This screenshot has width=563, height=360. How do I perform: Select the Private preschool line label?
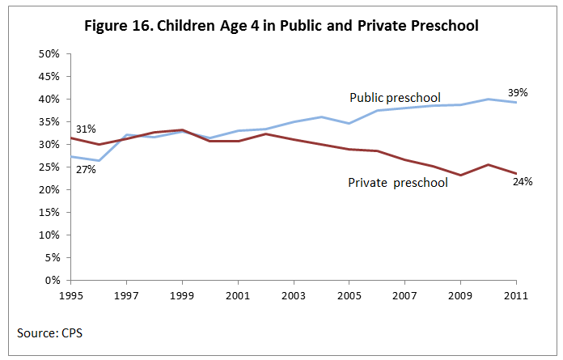[398, 183]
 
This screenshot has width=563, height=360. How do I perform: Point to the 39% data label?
[518, 92]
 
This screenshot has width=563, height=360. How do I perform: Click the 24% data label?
[522, 182]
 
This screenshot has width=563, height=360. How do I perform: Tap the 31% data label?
[86, 129]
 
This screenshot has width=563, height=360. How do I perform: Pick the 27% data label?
[86, 169]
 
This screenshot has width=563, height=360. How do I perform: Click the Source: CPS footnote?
[48, 332]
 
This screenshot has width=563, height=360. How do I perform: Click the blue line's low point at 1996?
[99, 160]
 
